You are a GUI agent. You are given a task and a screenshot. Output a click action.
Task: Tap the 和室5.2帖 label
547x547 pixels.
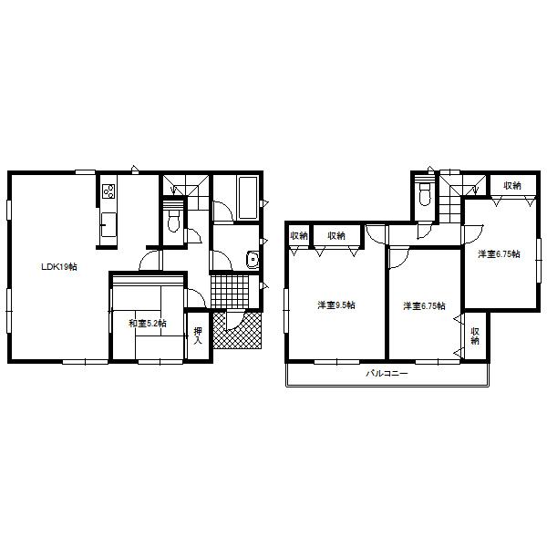coord(146,323)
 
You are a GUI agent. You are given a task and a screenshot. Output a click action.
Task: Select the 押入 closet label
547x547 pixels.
coord(198,335)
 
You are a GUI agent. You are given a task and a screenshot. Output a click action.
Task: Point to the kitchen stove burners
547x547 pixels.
coord(108,191)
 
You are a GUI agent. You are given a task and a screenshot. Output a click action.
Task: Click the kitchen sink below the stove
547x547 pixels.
coord(108,222)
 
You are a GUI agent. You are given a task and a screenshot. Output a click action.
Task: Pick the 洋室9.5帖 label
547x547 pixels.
coord(335,304)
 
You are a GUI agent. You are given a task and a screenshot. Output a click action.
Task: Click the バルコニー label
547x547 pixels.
coord(387,374)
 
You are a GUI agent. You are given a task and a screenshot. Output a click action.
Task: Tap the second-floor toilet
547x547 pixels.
coord(424,193)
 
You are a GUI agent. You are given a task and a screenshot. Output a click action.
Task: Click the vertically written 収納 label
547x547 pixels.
coord(475,335)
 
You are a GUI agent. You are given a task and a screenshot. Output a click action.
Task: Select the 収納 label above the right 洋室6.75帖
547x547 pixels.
coord(511,186)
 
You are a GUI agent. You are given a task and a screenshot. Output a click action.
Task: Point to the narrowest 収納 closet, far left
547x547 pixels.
coord(299,236)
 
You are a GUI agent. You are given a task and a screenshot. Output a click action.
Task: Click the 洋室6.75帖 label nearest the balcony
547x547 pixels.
coord(424,306)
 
